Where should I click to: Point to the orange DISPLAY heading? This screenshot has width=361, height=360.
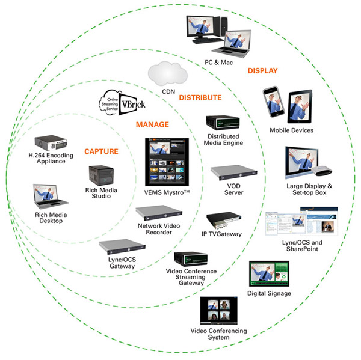pyautogui.click(x=263, y=71)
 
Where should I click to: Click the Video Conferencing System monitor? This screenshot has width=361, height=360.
pyautogui.click(x=222, y=310)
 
